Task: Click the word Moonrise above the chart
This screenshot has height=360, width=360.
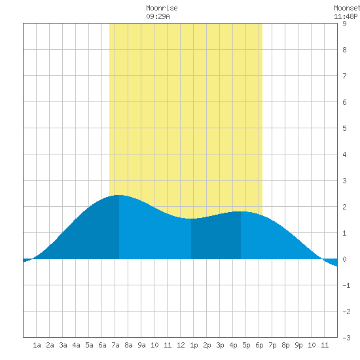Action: click(162, 9)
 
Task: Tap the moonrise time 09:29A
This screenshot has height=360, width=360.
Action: click(158, 16)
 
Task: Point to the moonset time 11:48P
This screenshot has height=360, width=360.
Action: click(346, 16)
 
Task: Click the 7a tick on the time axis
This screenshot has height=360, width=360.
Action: click(115, 345)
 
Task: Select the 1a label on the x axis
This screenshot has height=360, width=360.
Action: click(37, 345)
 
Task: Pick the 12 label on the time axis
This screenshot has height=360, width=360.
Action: click(181, 345)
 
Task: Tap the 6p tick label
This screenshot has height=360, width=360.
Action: click(259, 345)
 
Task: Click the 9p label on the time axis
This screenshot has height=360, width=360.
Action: click(298, 345)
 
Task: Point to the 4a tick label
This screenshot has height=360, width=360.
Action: click(76, 345)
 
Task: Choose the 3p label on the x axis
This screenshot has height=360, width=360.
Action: click(220, 345)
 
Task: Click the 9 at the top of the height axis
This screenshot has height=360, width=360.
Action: click(344, 24)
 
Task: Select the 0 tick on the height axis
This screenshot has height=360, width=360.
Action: click(344, 259)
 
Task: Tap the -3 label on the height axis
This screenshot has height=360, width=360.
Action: click(346, 338)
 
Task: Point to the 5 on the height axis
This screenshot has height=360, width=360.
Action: click(344, 128)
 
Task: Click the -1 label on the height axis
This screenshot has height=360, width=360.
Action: click(346, 285)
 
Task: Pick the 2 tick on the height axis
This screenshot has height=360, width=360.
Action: click(344, 207)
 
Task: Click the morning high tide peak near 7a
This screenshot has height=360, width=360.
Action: click(119, 196)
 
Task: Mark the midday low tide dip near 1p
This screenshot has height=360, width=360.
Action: click(191, 219)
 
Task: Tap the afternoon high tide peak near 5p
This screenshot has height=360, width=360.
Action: click(241, 211)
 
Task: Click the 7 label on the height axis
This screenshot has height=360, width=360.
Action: click(344, 76)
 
